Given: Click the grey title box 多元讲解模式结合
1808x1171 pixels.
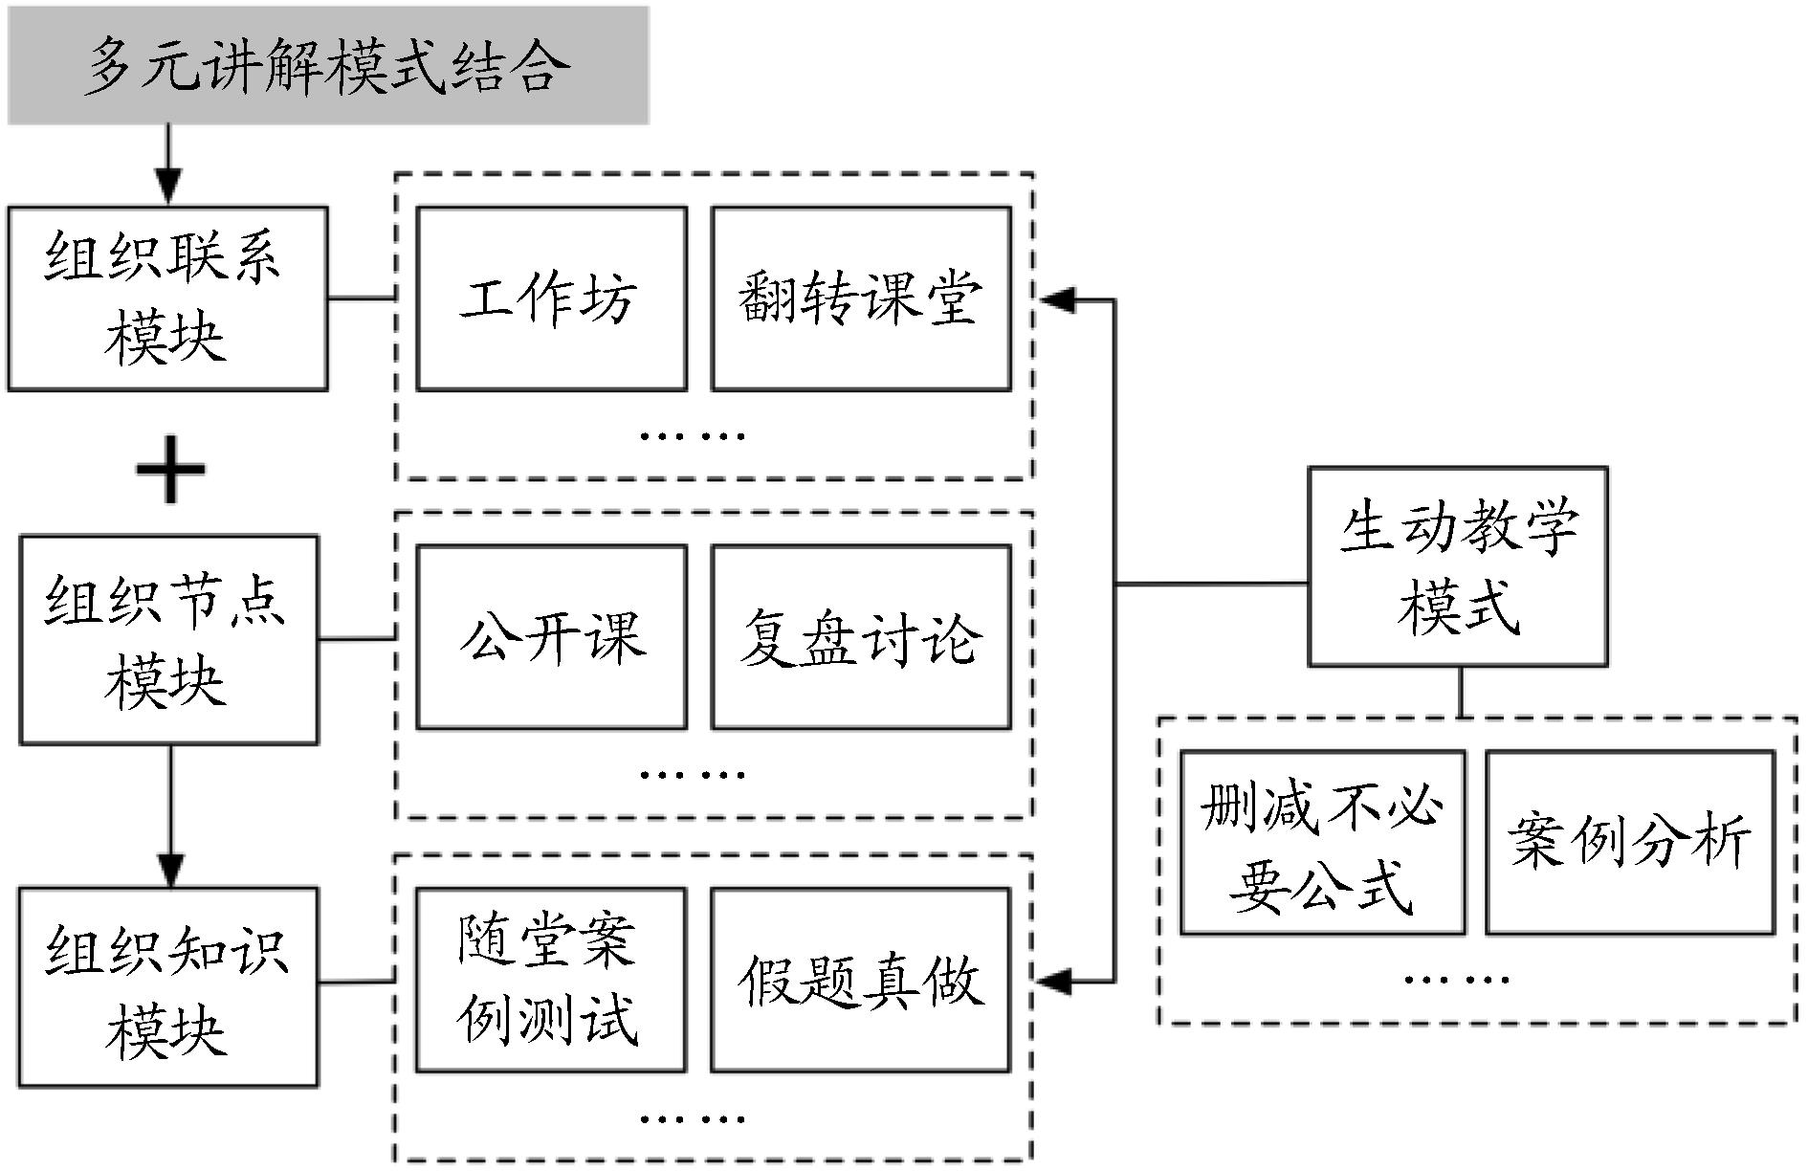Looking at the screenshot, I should click(328, 65).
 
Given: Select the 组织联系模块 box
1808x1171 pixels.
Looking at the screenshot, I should click(168, 298).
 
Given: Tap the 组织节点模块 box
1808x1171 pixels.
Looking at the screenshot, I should click(169, 639).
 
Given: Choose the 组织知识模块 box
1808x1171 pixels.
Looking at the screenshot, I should click(168, 986).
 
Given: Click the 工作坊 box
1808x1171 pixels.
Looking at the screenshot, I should click(552, 298).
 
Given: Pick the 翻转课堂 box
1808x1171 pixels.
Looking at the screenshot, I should click(861, 298).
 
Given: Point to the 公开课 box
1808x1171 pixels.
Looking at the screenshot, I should click(552, 637).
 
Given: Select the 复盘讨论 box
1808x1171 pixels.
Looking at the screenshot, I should click(861, 637).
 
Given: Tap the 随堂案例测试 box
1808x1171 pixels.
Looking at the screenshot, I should click(551, 980).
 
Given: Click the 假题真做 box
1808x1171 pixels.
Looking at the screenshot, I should click(861, 980).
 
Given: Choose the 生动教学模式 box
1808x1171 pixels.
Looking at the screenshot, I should click(1457, 566).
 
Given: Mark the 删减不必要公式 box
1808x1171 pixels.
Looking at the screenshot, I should click(1322, 842).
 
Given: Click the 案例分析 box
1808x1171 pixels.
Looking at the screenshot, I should click(1629, 842).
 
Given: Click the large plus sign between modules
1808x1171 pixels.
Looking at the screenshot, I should click(170, 470).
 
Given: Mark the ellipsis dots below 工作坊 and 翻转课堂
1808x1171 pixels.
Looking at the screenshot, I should click(692, 436).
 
